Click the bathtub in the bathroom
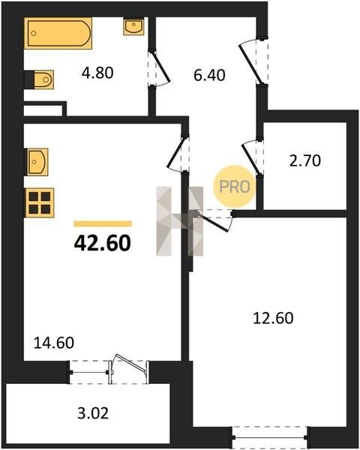(x=58, y=33)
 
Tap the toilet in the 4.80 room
(x=40, y=79)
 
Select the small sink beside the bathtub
(x=133, y=26)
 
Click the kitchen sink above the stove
(x=37, y=162)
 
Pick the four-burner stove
(x=39, y=202)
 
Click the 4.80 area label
(x=97, y=73)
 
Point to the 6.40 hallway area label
(x=209, y=75)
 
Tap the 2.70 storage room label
(x=305, y=160)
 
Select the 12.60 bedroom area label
(x=273, y=318)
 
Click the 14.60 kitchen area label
(x=54, y=343)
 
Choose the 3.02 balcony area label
(x=93, y=413)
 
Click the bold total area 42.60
(x=103, y=243)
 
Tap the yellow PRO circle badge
(x=235, y=187)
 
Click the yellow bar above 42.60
(x=103, y=223)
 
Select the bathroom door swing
(x=159, y=68)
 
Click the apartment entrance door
(x=253, y=61)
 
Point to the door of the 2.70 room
(x=253, y=157)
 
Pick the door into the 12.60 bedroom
(x=214, y=220)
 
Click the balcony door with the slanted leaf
(x=129, y=368)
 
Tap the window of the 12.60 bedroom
(x=269, y=437)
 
